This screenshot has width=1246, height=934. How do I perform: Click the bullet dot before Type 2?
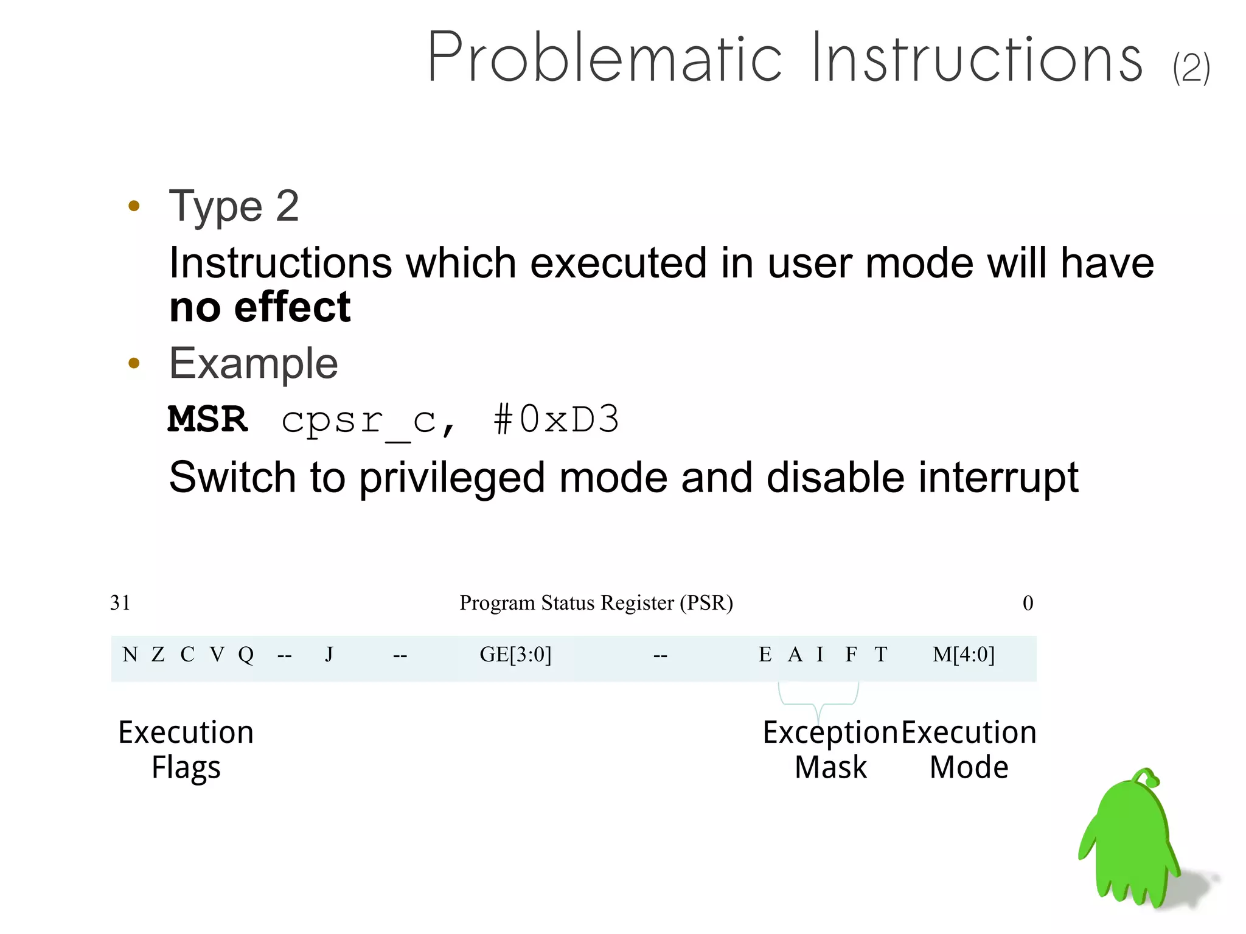[134, 206]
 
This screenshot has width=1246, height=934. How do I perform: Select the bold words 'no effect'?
[260, 307]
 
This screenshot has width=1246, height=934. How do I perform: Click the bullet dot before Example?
[134, 363]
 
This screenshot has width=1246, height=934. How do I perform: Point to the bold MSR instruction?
[207, 419]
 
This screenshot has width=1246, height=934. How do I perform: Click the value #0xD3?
[556, 419]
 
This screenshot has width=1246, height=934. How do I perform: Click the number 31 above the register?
[120, 602]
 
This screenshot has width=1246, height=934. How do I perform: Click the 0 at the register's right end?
[1028, 603]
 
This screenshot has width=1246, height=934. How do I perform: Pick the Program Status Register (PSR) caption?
[596, 602]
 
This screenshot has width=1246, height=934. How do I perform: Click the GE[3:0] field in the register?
[515, 655]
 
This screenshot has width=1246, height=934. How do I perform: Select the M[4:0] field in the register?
[963, 655]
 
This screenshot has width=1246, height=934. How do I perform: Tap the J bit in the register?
[329, 655]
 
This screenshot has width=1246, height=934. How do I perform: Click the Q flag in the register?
[246, 655]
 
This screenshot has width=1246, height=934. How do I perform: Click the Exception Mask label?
[830, 749]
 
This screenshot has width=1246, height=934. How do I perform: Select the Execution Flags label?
[186, 749]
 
